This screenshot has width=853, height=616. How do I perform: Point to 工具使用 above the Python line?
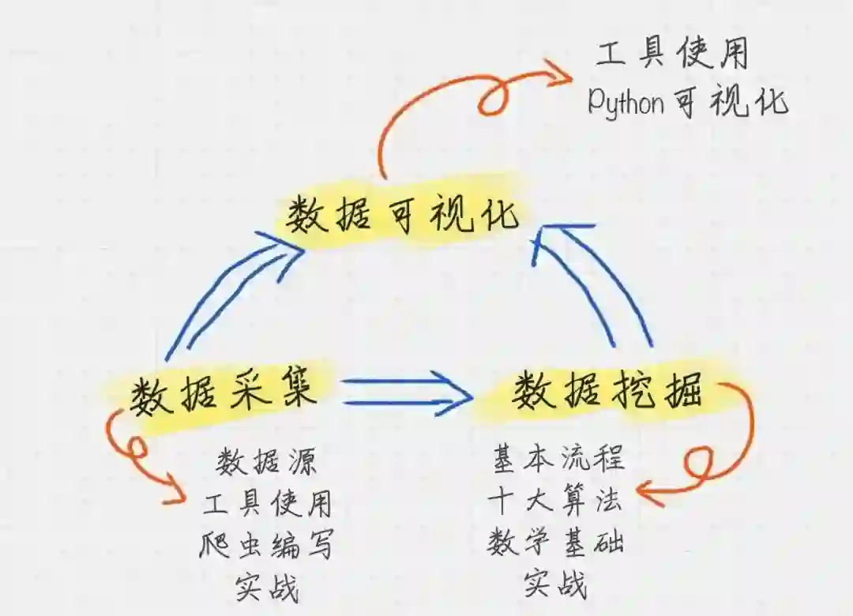pos(671,55)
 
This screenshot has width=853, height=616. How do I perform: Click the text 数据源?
pos(267,462)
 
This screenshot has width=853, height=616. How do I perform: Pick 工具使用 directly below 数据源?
pos(267,503)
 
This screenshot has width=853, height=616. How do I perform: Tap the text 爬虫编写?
pos(267,545)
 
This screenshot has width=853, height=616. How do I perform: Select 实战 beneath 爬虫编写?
pos(267,588)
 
